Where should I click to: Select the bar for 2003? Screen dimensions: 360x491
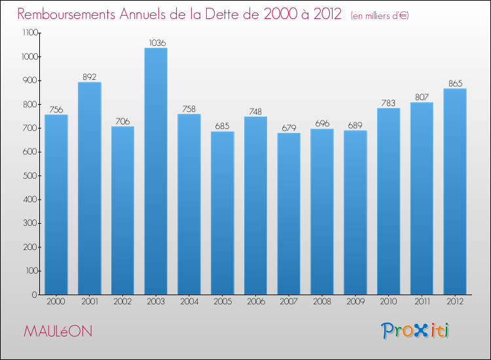[x=156, y=171]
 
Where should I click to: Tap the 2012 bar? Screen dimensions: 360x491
[x=455, y=192]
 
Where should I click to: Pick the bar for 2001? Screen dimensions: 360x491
[x=90, y=189]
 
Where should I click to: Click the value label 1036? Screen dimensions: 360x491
[x=156, y=43]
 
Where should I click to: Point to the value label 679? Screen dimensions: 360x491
[x=289, y=128]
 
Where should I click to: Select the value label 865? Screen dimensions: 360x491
[x=455, y=83]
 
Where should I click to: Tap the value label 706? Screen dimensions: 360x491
[x=122, y=121]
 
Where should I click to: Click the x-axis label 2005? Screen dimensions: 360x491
[x=223, y=302]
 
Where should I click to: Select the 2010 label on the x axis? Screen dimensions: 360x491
[x=389, y=302]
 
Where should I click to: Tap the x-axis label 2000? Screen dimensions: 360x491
[x=56, y=302]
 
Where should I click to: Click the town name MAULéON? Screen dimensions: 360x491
[x=58, y=332]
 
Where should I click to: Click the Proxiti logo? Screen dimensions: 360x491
[x=416, y=331]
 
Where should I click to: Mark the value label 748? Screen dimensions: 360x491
[x=255, y=111]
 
